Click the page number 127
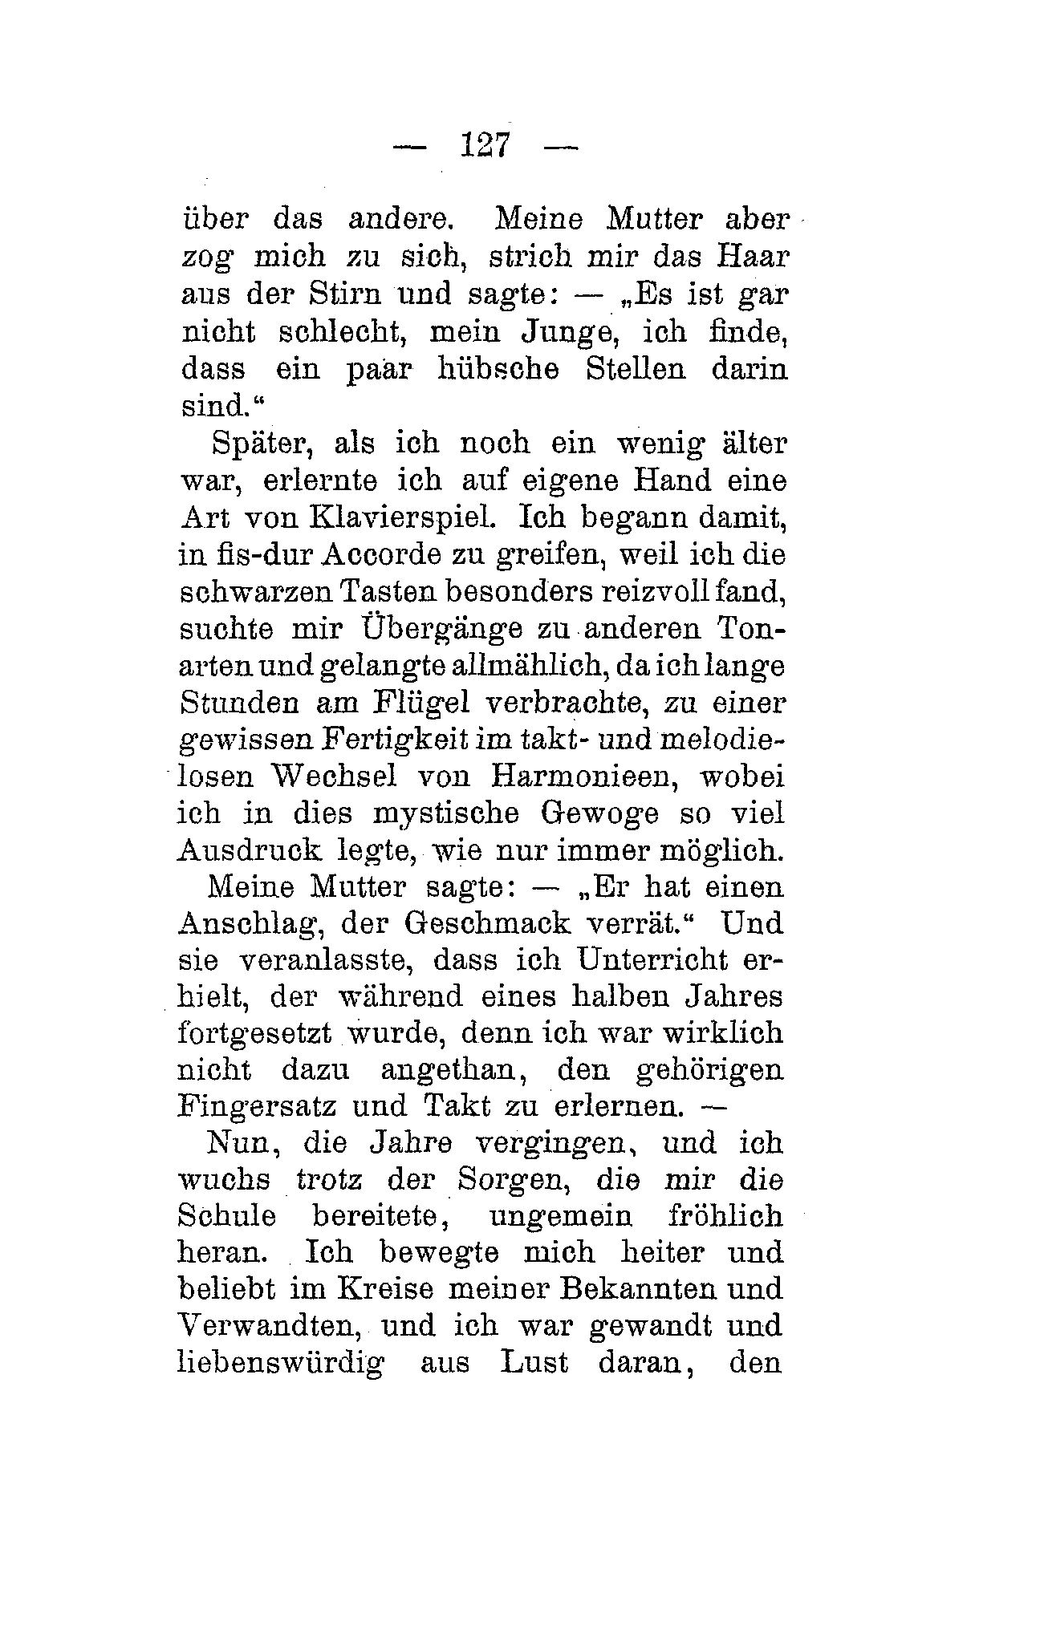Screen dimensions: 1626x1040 [485, 146]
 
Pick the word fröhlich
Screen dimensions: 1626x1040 [725, 1216]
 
